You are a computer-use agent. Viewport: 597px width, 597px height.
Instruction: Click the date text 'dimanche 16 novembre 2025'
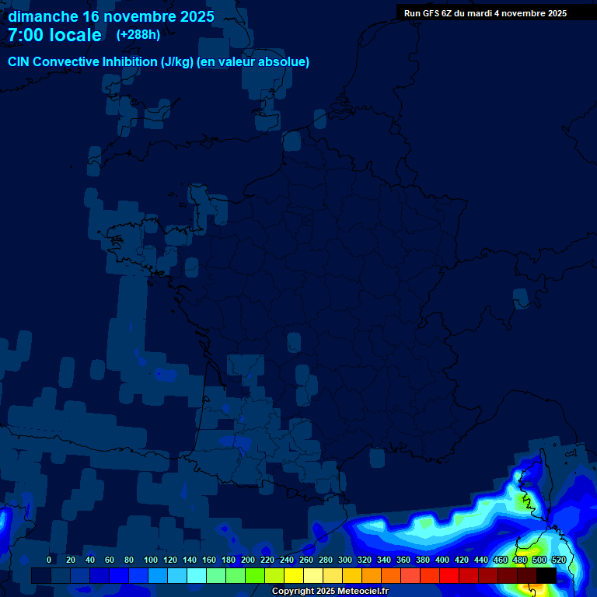pos(111,16)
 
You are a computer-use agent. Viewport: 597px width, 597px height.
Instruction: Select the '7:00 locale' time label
pos(54,35)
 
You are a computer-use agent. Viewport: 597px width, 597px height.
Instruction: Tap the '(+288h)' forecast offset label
pos(138,34)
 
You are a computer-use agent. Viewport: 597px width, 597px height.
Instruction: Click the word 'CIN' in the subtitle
pos(19,62)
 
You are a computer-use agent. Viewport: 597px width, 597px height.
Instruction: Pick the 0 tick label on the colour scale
pos(49,560)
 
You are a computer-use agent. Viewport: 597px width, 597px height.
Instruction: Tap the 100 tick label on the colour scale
pos(151,560)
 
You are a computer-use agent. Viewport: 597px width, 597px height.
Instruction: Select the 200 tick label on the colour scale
pos(248,560)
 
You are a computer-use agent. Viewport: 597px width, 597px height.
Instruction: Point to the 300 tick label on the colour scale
pos(345,560)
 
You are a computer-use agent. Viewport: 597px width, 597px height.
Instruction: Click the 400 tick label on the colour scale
pos(442,560)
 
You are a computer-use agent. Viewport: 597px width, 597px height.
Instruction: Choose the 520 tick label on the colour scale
pos(558,560)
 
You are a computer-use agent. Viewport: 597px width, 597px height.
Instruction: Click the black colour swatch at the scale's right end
pos(546,575)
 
